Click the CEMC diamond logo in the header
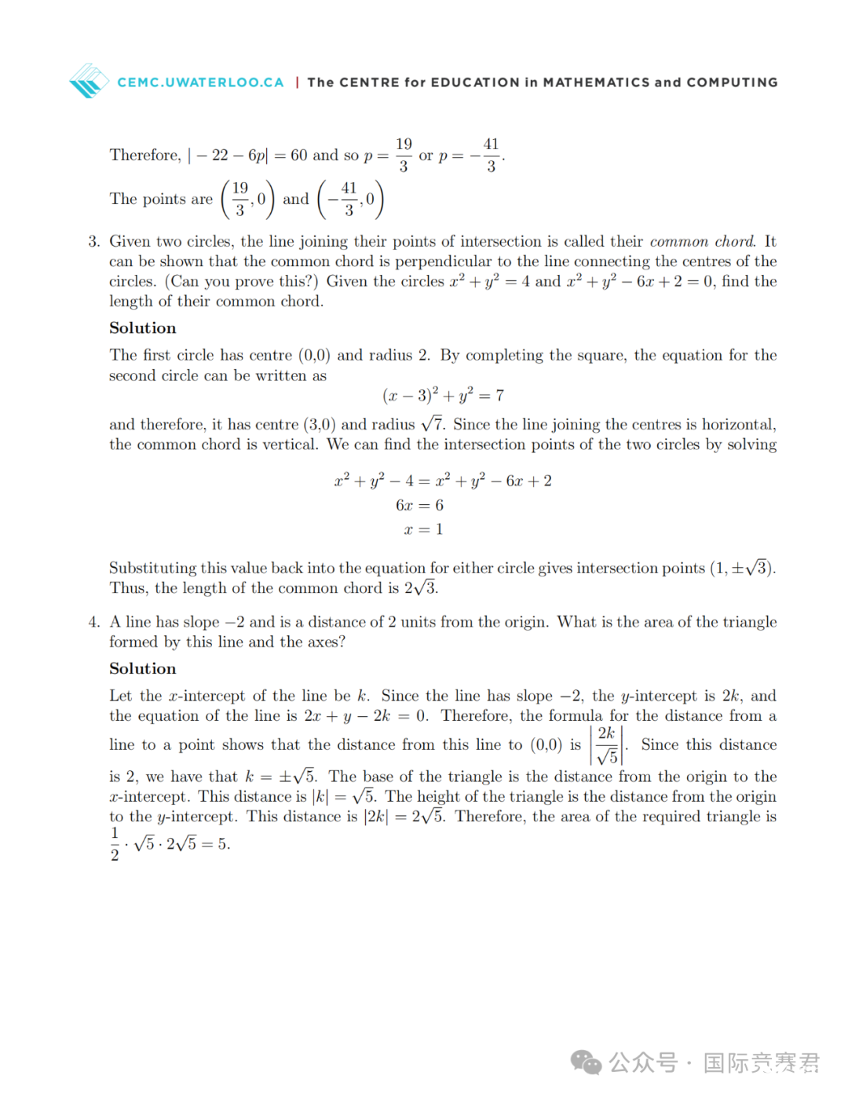(89, 81)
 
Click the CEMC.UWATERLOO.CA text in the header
(200, 82)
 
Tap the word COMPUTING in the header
(732, 82)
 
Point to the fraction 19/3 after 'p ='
(404, 155)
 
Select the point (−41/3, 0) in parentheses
(350, 199)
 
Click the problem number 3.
(93, 242)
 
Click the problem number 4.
(93, 622)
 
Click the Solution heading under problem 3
(143, 328)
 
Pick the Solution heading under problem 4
(143, 669)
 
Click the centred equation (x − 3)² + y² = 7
(443, 395)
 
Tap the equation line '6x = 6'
(419, 505)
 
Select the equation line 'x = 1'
(423, 529)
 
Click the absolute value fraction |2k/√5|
(607, 745)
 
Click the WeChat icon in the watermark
(586, 1062)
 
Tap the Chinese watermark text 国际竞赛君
(761, 1062)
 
